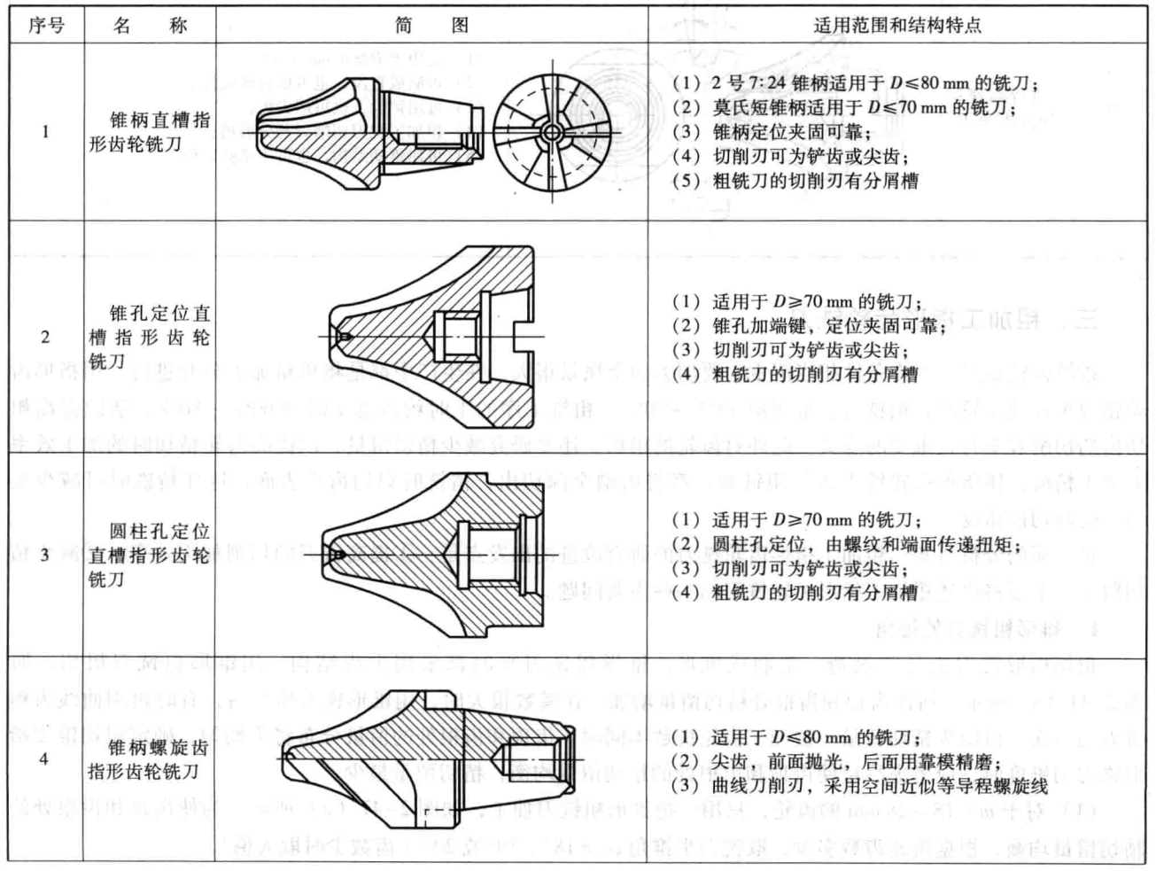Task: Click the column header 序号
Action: pyautogui.click(x=46, y=25)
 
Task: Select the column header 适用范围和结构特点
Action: pyautogui.click(x=897, y=25)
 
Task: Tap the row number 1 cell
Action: pyautogui.click(x=45, y=132)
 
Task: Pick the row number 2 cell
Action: pyautogui.click(x=45, y=337)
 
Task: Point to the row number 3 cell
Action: pyautogui.click(x=45, y=556)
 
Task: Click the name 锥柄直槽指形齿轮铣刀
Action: pyautogui.click(x=150, y=132)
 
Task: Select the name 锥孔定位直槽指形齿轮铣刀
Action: pyautogui.click(x=150, y=337)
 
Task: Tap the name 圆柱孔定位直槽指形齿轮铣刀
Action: pyautogui.click(x=150, y=556)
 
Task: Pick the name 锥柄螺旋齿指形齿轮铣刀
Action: pyautogui.click(x=150, y=759)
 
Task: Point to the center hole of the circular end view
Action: pyautogui.click(x=551, y=132)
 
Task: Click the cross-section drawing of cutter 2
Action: pyautogui.click(x=431, y=337)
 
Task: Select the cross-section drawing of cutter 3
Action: pyautogui.click(x=431, y=555)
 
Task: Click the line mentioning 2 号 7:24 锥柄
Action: pyautogui.click(x=856, y=83)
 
